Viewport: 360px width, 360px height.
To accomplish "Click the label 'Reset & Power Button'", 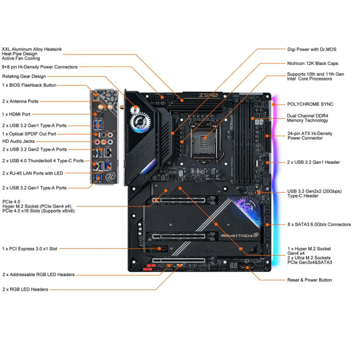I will pos(310,280).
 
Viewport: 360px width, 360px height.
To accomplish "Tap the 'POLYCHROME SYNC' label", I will pos(310,104).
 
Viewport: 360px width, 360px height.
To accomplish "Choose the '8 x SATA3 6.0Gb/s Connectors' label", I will pos(319,224).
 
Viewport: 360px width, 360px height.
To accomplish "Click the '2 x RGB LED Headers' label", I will pos(25,289).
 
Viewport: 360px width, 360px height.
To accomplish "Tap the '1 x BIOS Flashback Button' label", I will pos(29,85).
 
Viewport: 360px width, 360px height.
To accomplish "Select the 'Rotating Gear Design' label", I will pos(24,76).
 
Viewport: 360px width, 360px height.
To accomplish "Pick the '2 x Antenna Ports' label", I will pos(20,101).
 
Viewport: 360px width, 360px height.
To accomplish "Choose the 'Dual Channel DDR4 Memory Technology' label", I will pos(308,118).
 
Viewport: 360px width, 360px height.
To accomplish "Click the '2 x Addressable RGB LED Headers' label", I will pos(38,274).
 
